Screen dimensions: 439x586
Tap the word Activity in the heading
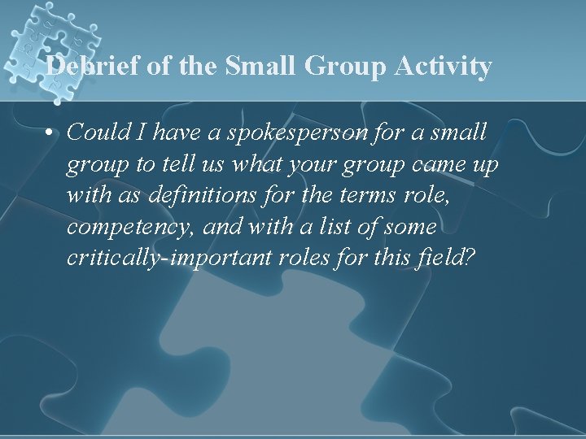pos(444,66)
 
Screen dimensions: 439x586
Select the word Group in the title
pos(342,66)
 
